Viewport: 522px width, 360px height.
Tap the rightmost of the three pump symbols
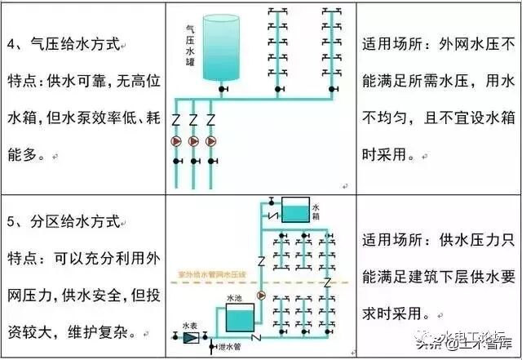tap(210, 141)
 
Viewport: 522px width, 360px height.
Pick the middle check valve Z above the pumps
tap(193, 120)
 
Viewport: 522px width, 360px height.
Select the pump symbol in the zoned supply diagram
tap(262, 296)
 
